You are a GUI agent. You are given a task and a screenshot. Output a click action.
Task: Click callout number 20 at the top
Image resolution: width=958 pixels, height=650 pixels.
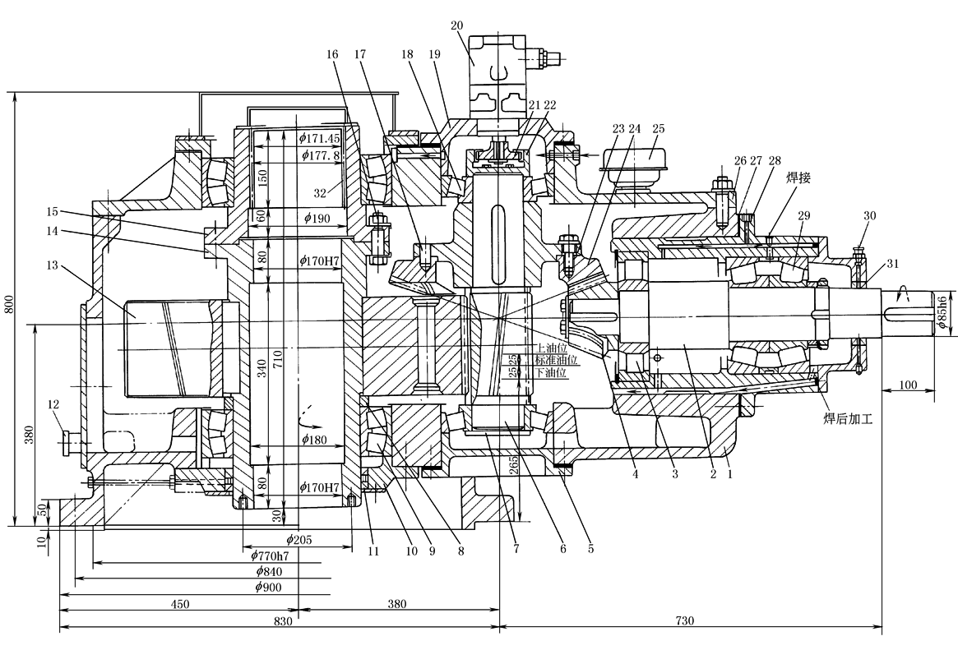[x=457, y=25]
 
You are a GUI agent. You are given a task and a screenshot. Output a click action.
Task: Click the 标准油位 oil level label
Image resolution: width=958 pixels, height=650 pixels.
[x=557, y=360]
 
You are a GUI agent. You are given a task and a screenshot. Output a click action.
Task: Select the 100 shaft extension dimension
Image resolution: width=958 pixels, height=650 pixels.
[x=907, y=385]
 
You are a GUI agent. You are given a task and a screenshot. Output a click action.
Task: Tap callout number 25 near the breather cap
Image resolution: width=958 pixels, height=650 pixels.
[x=658, y=130]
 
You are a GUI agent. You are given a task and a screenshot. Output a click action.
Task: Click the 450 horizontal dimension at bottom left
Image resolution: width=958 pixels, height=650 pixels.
[x=180, y=604]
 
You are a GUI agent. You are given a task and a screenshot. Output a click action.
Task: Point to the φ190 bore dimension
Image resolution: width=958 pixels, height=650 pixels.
[x=317, y=218]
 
